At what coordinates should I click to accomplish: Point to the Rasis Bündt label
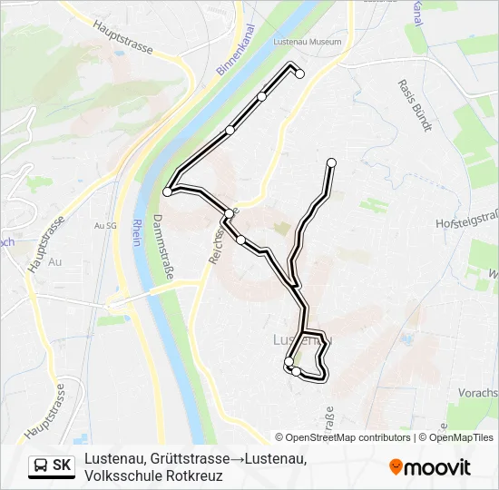tap(414, 104)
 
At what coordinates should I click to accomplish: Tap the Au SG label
tap(105, 225)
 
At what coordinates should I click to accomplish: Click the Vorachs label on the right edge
tap(479, 393)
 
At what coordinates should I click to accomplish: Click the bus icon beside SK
tap(41, 465)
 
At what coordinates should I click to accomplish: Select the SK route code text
tap(62, 465)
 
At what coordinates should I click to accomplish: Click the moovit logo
tap(430, 467)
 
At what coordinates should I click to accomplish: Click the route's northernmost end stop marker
tap(299, 75)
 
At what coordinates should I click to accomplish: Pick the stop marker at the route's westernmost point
tap(167, 191)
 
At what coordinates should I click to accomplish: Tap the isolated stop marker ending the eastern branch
tap(331, 162)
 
